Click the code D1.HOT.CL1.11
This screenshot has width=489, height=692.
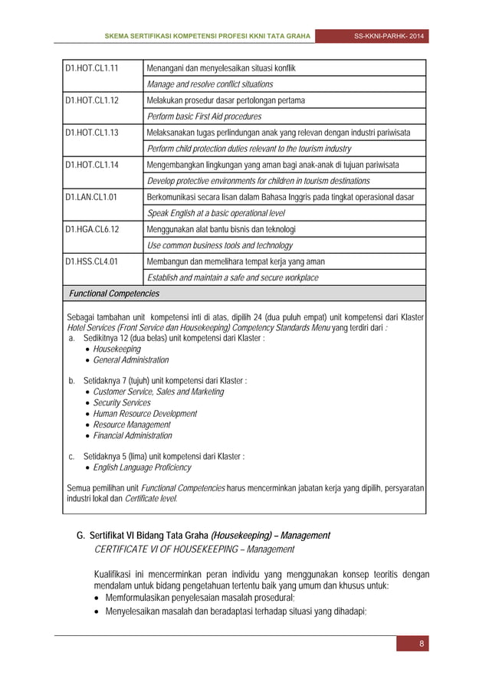(94, 68)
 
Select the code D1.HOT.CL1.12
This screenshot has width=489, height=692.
(94, 100)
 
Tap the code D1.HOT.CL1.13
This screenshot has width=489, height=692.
(94, 133)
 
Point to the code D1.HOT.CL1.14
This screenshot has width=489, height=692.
(94, 165)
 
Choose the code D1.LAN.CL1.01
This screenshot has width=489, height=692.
(94, 197)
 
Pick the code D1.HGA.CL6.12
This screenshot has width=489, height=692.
(94, 229)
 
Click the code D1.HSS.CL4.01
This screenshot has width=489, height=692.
(94, 261)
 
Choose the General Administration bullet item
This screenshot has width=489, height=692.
(131, 359)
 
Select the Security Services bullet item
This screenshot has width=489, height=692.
(122, 402)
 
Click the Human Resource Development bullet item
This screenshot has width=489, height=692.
(145, 413)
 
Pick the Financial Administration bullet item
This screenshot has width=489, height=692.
(133, 435)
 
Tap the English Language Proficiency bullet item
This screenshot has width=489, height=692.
(142, 467)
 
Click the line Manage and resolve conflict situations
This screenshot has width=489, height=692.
(209, 84)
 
